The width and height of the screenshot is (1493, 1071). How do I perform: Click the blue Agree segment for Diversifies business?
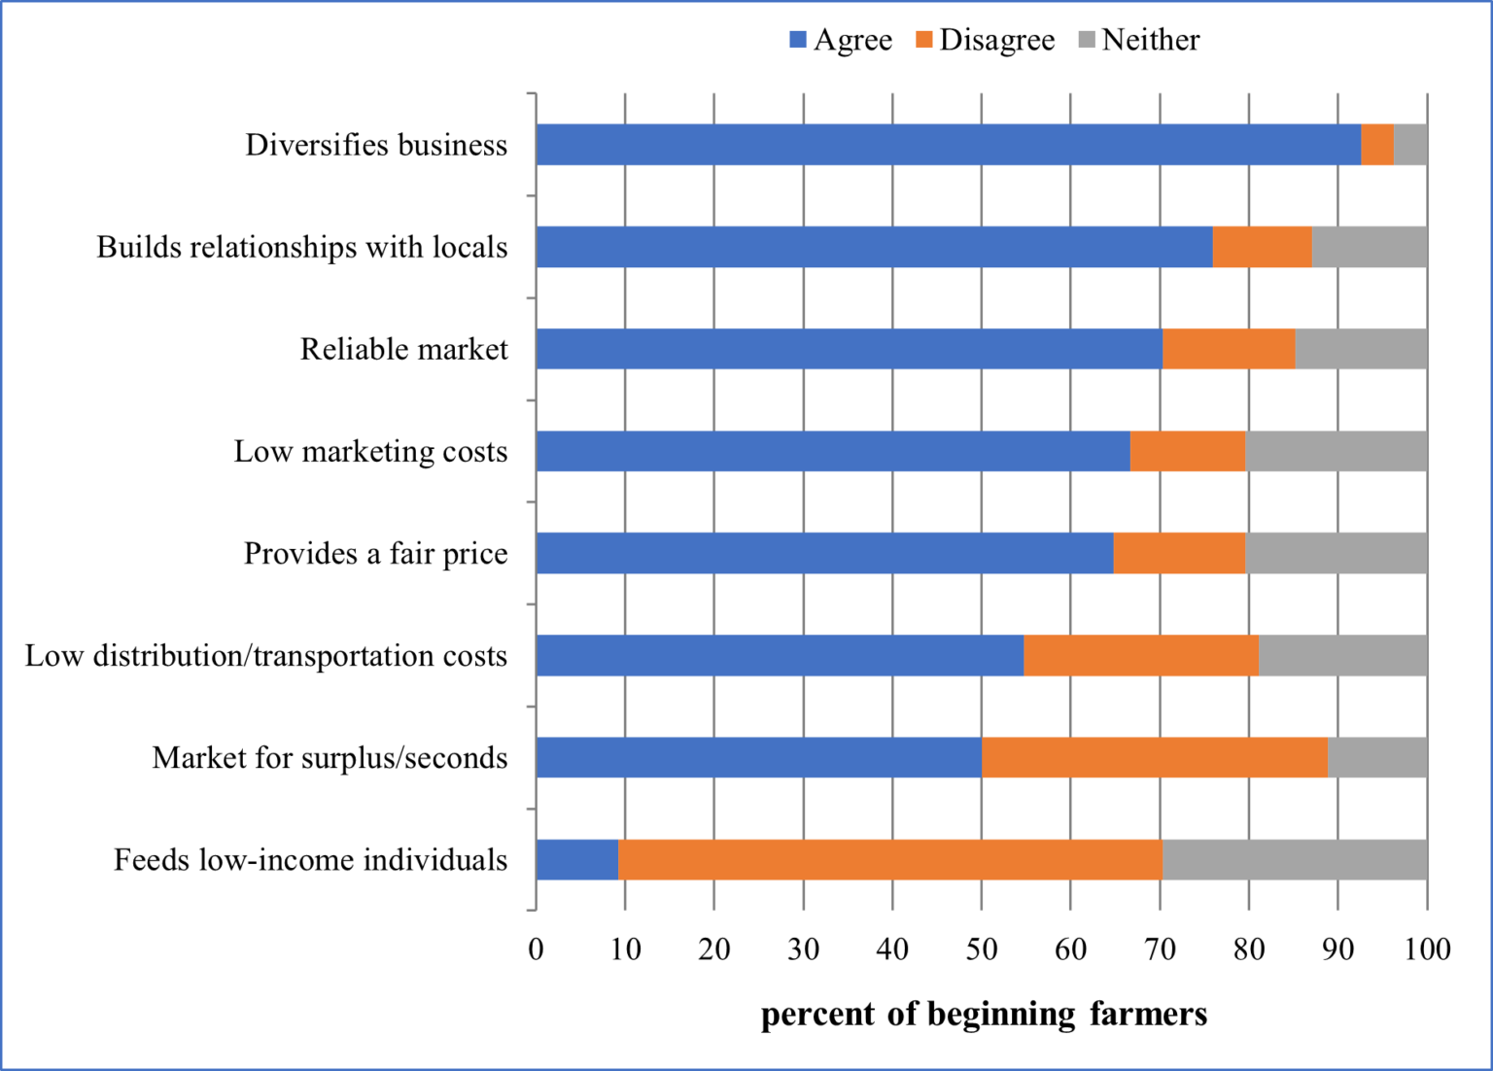(x=948, y=145)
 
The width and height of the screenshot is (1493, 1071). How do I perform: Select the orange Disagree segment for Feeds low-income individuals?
(x=889, y=860)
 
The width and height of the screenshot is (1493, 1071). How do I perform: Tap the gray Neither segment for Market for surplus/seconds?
(x=1377, y=758)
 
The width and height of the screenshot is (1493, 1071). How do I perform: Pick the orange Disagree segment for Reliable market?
(x=1229, y=349)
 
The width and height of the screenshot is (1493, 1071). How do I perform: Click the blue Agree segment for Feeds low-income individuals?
(x=577, y=860)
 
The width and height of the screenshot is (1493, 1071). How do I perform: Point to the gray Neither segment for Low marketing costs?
(x=1336, y=451)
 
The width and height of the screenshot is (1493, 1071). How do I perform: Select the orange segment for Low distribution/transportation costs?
(x=1141, y=656)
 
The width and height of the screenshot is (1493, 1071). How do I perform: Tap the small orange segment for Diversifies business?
(x=1376, y=145)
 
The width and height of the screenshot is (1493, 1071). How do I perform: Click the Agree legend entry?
(x=841, y=40)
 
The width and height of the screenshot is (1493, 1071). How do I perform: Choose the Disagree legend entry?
(x=985, y=40)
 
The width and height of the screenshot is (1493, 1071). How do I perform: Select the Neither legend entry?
(x=1139, y=40)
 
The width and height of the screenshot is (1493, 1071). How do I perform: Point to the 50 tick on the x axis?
(x=982, y=949)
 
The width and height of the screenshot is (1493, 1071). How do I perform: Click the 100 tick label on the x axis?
(x=1427, y=949)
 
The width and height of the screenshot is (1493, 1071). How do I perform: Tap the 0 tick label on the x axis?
(x=537, y=949)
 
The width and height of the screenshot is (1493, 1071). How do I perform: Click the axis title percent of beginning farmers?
(x=984, y=1014)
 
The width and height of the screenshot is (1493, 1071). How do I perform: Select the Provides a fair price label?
(x=375, y=554)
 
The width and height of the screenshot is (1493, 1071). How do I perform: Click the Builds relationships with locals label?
(x=301, y=248)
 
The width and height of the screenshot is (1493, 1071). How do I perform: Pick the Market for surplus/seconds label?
(x=330, y=758)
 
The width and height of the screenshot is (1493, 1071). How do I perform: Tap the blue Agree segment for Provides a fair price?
(x=824, y=554)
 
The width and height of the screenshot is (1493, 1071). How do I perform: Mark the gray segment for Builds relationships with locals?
(x=1369, y=247)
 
